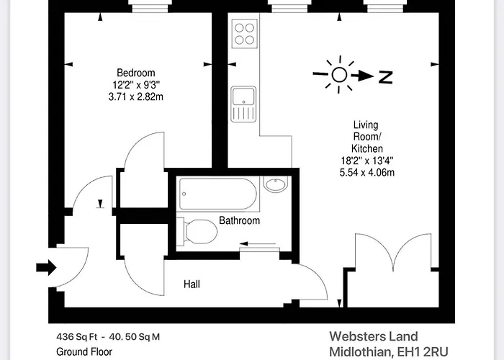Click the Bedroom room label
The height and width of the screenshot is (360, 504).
(135, 73)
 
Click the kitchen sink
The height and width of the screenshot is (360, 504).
(242, 103)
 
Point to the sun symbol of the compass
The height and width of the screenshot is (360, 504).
(340, 74)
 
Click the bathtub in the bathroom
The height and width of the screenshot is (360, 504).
(217, 192)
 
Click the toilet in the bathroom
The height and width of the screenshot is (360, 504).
(198, 231)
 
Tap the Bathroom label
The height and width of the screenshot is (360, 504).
(239, 220)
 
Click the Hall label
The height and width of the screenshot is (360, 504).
(192, 284)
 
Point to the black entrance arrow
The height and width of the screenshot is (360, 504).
(46, 269)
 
